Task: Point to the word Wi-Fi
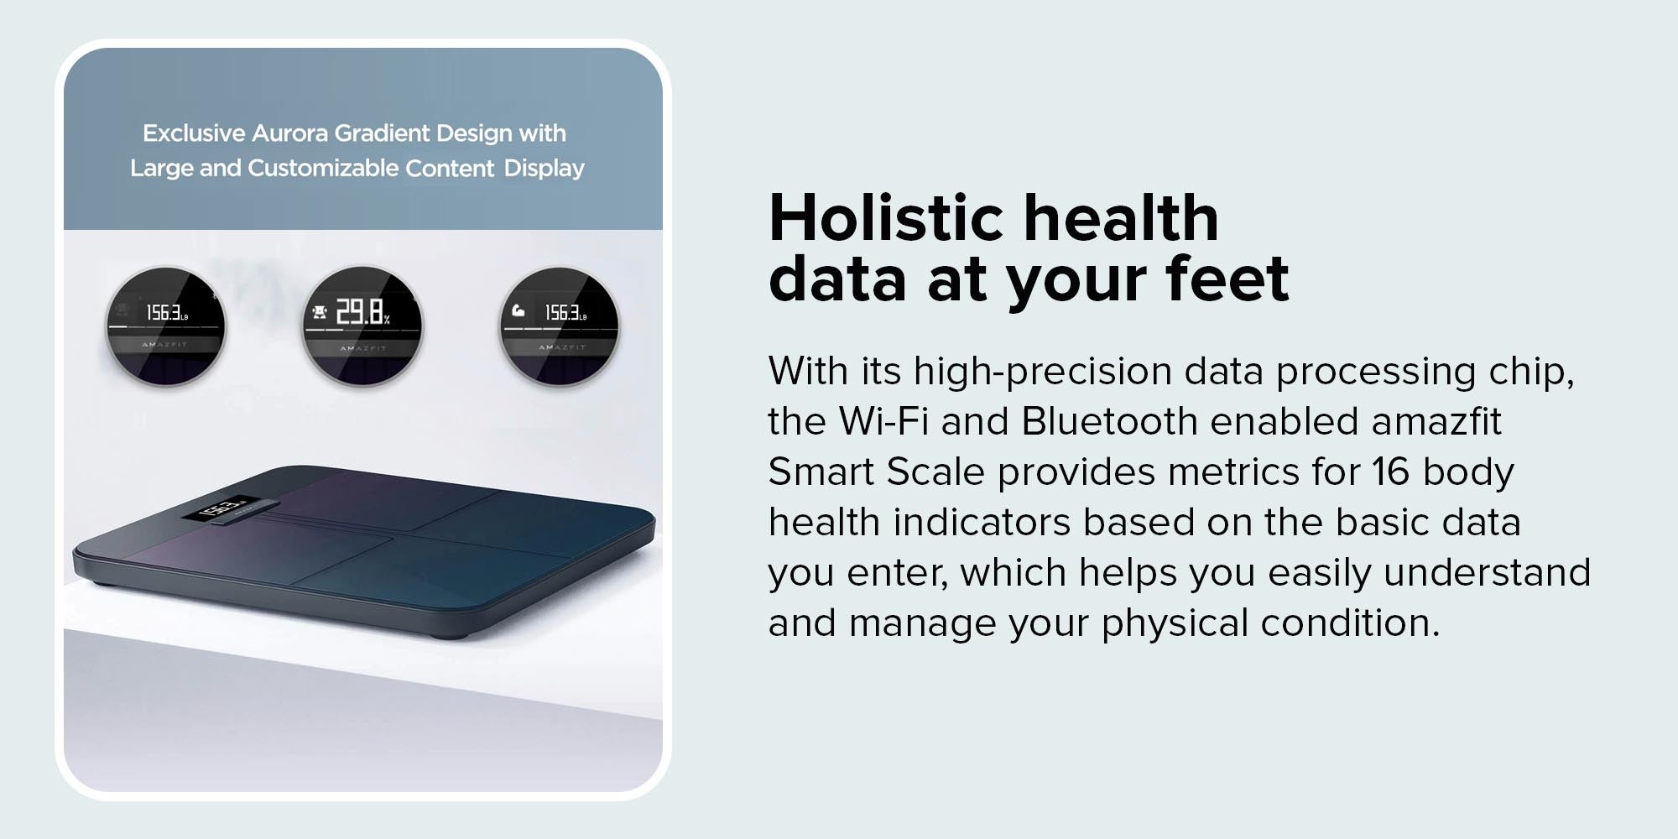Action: (x=883, y=421)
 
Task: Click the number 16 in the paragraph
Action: (x=1391, y=472)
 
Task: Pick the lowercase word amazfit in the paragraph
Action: (x=1436, y=421)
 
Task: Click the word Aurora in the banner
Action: (x=289, y=133)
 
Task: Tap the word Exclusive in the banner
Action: (x=194, y=133)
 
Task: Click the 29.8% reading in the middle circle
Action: (x=362, y=312)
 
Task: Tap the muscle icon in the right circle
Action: (x=519, y=311)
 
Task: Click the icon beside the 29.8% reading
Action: (x=319, y=313)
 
